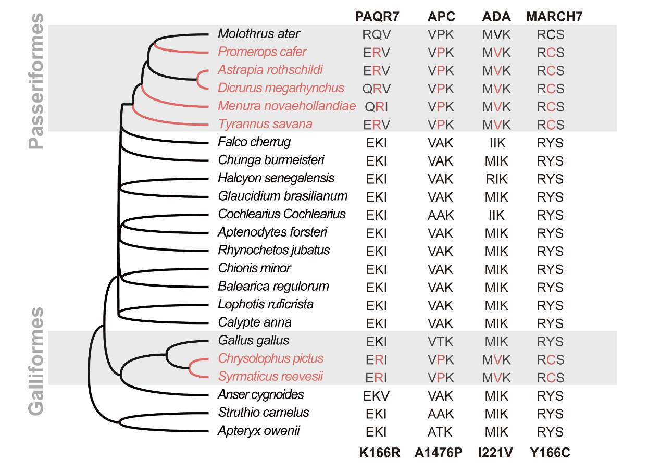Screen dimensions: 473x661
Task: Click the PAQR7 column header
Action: click(x=377, y=16)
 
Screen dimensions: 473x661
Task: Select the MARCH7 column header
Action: click(x=554, y=16)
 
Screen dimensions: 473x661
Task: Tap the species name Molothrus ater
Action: click(x=259, y=34)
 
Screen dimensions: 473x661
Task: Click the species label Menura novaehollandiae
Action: click(x=286, y=106)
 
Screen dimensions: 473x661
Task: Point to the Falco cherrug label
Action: click(x=254, y=142)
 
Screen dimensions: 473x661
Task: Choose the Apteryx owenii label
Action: click(x=259, y=431)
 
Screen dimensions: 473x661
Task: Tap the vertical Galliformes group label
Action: click(x=36, y=361)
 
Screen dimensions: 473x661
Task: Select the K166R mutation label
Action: click(x=380, y=452)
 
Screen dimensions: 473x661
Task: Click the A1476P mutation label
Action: click(x=439, y=452)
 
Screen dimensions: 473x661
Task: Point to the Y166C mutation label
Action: click(x=551, y=452)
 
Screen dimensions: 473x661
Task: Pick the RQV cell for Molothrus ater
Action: click(x=376, y=35)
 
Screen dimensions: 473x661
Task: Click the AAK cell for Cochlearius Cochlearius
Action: click(x=441, y=215)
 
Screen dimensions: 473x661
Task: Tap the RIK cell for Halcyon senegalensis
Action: click(x=496, y=179)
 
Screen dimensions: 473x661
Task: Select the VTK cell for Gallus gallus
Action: click(x=441, y=342)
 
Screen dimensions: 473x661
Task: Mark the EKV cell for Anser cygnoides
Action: click(x=376, y=395)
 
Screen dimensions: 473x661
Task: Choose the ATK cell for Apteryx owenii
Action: click(x=441, y=432)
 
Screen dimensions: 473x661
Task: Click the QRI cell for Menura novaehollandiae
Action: click(x=376, y=107)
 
